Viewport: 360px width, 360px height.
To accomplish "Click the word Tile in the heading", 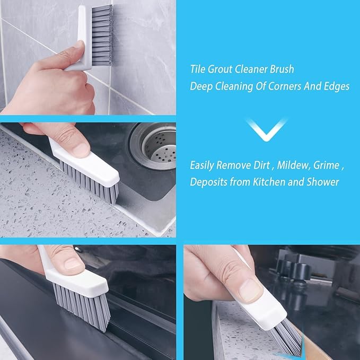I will (x=198, y=69).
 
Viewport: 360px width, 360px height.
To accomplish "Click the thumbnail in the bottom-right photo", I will (x=249, y=290).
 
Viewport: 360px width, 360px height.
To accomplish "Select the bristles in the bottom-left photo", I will (x=82, y=306).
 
